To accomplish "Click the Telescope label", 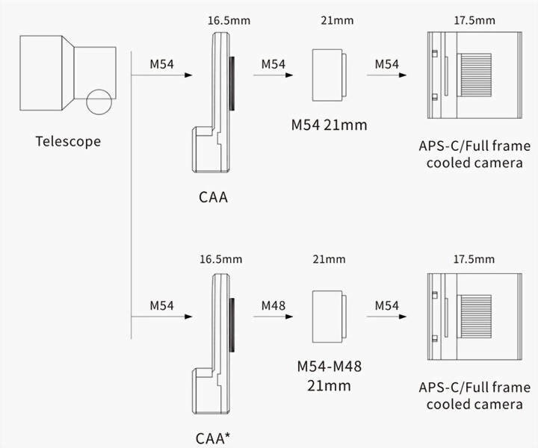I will (67, 141).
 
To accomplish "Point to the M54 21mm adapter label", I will (329, 124).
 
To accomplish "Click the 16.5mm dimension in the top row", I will (229, 20).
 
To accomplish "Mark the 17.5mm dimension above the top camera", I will (473, 20).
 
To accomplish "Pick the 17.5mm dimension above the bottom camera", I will (473, 260).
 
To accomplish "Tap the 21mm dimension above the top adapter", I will (330, 20).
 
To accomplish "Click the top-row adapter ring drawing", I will (329, 75).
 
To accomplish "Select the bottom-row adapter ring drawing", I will (329, 314).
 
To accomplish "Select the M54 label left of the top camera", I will (386, 64).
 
